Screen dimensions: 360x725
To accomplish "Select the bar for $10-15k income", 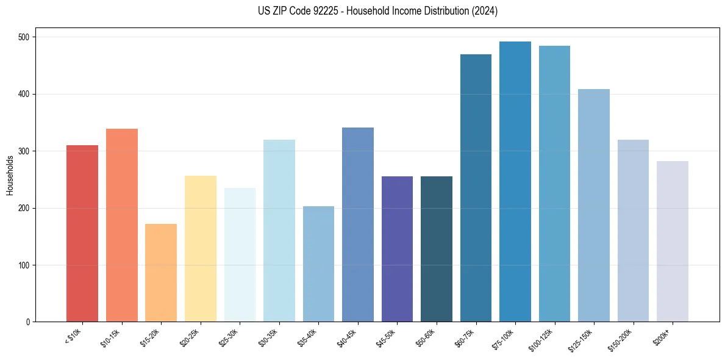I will point(121,225).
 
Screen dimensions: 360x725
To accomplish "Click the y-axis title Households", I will point(10,175).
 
